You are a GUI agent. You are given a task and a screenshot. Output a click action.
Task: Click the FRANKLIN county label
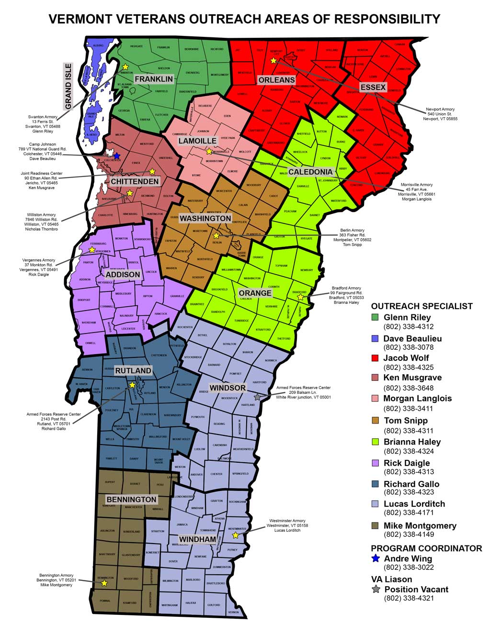(x=153, y=79)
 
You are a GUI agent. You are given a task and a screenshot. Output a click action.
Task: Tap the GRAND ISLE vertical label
(x=68, y=86)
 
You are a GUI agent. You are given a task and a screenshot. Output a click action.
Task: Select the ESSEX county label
(x=373, y=87)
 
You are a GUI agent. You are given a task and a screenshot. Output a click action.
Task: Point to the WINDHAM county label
(x=197, y=539)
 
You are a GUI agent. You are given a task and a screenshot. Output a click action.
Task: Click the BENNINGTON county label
(x=131, y=499)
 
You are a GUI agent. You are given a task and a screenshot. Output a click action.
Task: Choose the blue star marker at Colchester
(x=116, y=156)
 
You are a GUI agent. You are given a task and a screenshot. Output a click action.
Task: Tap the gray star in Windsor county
(x=257, y=397)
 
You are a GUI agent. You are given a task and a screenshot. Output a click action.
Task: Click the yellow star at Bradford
(x=300, y=297)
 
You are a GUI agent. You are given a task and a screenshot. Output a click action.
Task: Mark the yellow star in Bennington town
(x=104, y=583)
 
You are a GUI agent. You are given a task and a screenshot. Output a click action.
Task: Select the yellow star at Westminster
(x=235, y=535)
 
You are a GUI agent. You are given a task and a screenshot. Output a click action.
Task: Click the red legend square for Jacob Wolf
(x=375, y=358)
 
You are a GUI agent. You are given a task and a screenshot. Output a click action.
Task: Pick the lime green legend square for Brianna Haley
(x=375, y=442)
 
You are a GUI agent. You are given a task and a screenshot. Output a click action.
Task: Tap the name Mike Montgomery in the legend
(x=420, y=525)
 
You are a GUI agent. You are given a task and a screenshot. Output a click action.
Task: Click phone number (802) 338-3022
(x=409, y=567)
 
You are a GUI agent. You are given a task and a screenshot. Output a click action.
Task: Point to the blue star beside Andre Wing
(x=375, y=558)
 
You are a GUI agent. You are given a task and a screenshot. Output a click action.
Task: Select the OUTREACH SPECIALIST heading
(x=421, y=306)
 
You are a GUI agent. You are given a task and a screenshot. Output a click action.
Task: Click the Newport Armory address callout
(x=440, y=114)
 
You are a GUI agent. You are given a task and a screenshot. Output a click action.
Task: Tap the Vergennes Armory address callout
(x=39, y=267)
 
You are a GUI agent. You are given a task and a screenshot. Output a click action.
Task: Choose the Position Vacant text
(x=416, y=590)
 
